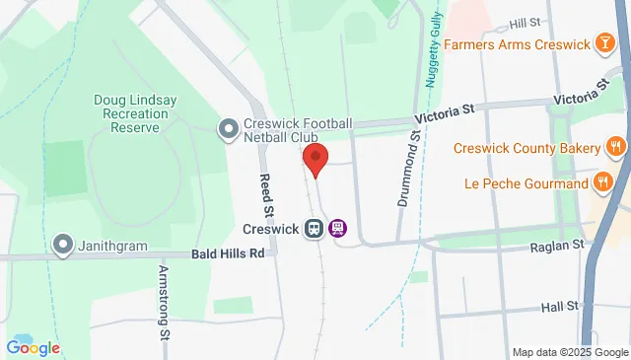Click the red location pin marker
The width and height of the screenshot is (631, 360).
(315, 159)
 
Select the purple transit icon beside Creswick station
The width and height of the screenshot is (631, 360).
(337, 228)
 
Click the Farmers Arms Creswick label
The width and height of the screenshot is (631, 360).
(516, 44)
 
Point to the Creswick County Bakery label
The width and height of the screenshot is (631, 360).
(526, 148)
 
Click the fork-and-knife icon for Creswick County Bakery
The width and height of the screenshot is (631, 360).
(615, 148)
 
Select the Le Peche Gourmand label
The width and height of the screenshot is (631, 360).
(521, 182)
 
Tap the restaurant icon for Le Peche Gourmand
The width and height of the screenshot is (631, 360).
(601, 182)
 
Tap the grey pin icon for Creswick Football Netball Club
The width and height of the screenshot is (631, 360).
(229, 128)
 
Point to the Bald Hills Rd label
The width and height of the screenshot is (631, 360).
(229, 253)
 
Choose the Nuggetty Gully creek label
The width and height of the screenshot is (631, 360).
(431, 58)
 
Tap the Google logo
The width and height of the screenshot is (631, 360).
(33, 347)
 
